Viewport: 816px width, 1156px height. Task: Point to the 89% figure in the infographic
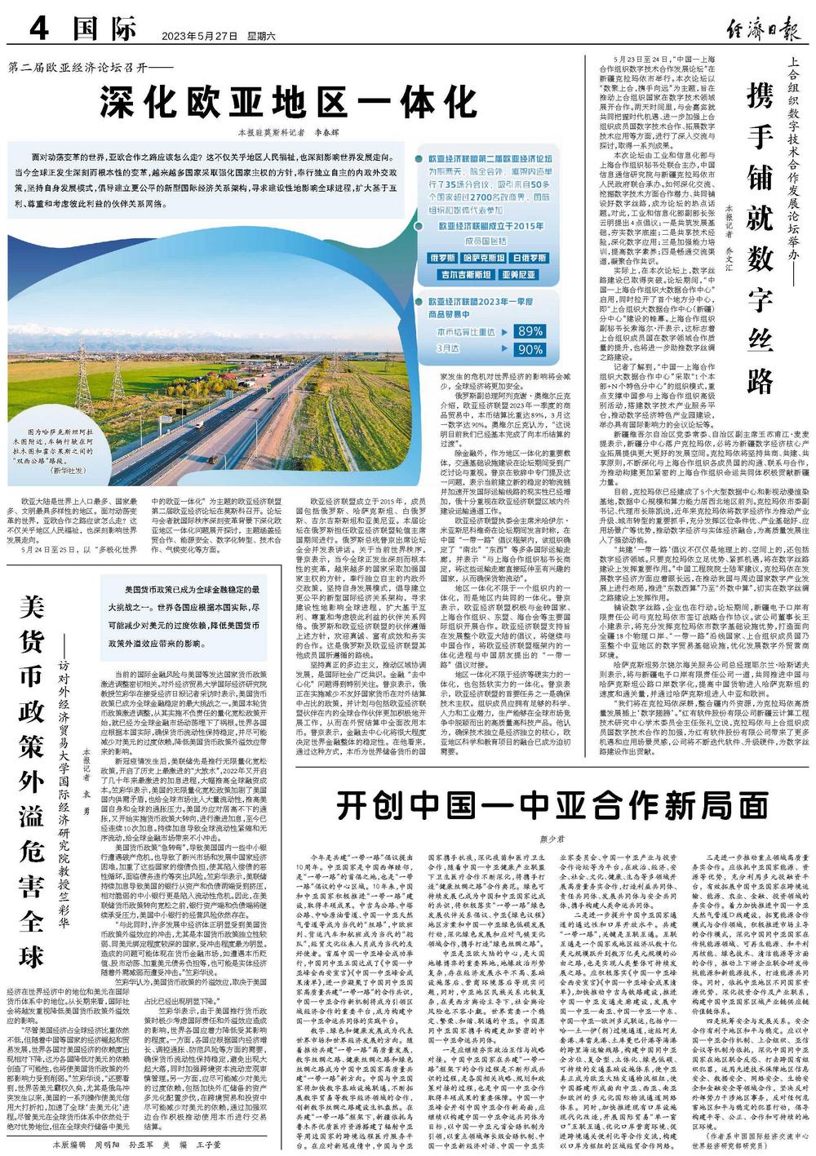point(530,331)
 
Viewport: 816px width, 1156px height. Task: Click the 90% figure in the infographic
point(530,349)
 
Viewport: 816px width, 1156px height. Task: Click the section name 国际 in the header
point(103,30)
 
